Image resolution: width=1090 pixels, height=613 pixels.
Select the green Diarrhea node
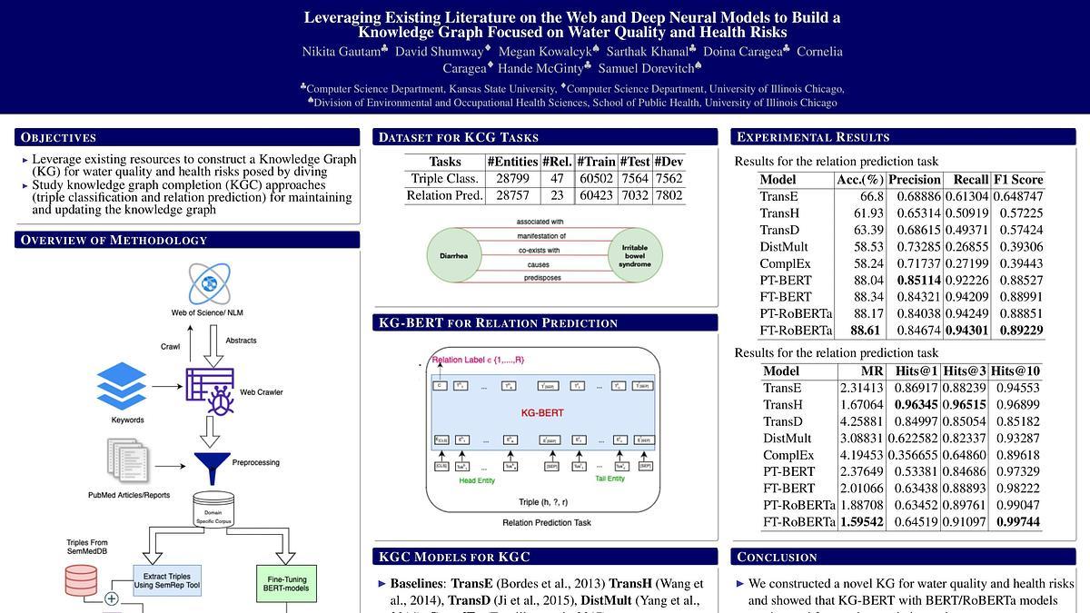(x=452, y=255)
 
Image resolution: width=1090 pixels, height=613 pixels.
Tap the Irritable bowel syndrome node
(x=635, y=255)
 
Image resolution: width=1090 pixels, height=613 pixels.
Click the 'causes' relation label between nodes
(x=539, y=264)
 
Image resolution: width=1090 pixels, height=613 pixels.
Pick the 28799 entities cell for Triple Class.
(x=512, y=179)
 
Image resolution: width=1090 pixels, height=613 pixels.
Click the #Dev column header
(x=669, y=162)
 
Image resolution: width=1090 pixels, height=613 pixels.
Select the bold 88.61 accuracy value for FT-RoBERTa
(x=865, y=331)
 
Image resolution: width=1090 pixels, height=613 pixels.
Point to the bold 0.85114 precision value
(x=914, y=281)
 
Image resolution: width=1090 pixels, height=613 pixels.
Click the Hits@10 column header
(x=1016, y=371)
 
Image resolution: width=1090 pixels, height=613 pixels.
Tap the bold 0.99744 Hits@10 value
(x=1017, y=522)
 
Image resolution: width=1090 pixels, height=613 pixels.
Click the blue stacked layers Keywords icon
(x=121, y=386)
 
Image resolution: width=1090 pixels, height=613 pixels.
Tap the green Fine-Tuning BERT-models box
(x=285, y=583)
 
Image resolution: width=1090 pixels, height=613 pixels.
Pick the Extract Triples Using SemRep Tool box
(x=167, y=580)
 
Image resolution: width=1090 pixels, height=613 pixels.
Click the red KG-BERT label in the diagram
(x=541, y=412)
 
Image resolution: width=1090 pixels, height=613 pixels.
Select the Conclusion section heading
(x=776, y=557)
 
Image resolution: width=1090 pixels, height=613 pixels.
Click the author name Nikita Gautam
(x=341, y=52)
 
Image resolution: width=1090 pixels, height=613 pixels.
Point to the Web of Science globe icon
(x=210, y=283)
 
